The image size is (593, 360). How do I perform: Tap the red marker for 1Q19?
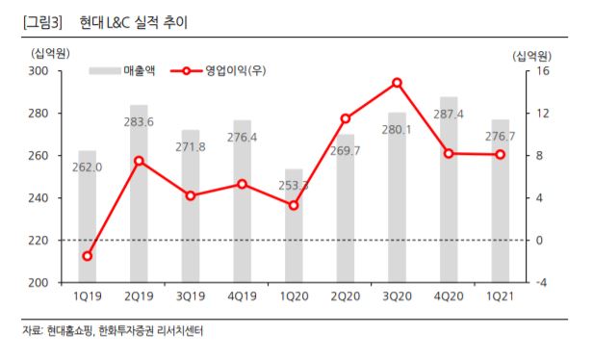[88, 256]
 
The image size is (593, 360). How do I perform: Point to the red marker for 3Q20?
[397, 83]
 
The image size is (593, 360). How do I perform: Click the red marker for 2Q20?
[345, 118]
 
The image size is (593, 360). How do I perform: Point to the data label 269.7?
[345, 151]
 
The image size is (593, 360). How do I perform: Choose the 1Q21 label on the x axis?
[499, 297]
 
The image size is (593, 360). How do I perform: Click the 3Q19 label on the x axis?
[191, 297]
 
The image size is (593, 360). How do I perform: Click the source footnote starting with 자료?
[114, 331]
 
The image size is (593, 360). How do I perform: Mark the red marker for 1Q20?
[294, 205]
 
